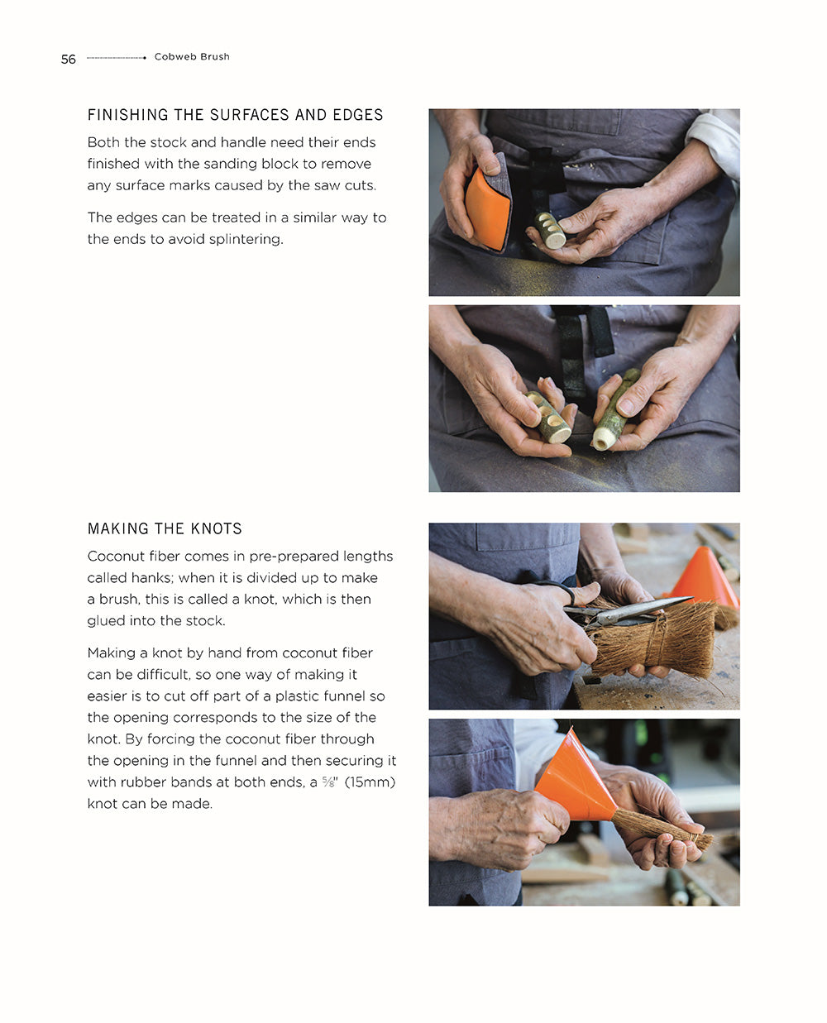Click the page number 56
(x=68, y=59)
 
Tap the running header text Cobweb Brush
(x=192, y=57)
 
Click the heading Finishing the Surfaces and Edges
(x=235, y=115)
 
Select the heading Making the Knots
(x=165, y=528)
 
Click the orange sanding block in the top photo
(x=486, y=208)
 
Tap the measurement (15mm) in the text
(x=370, y=782)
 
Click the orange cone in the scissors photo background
(x=704, y=576)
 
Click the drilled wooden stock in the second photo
(x=549, y=417)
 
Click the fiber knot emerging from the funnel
(x=662, y=829)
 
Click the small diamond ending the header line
(x=145, y=58)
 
